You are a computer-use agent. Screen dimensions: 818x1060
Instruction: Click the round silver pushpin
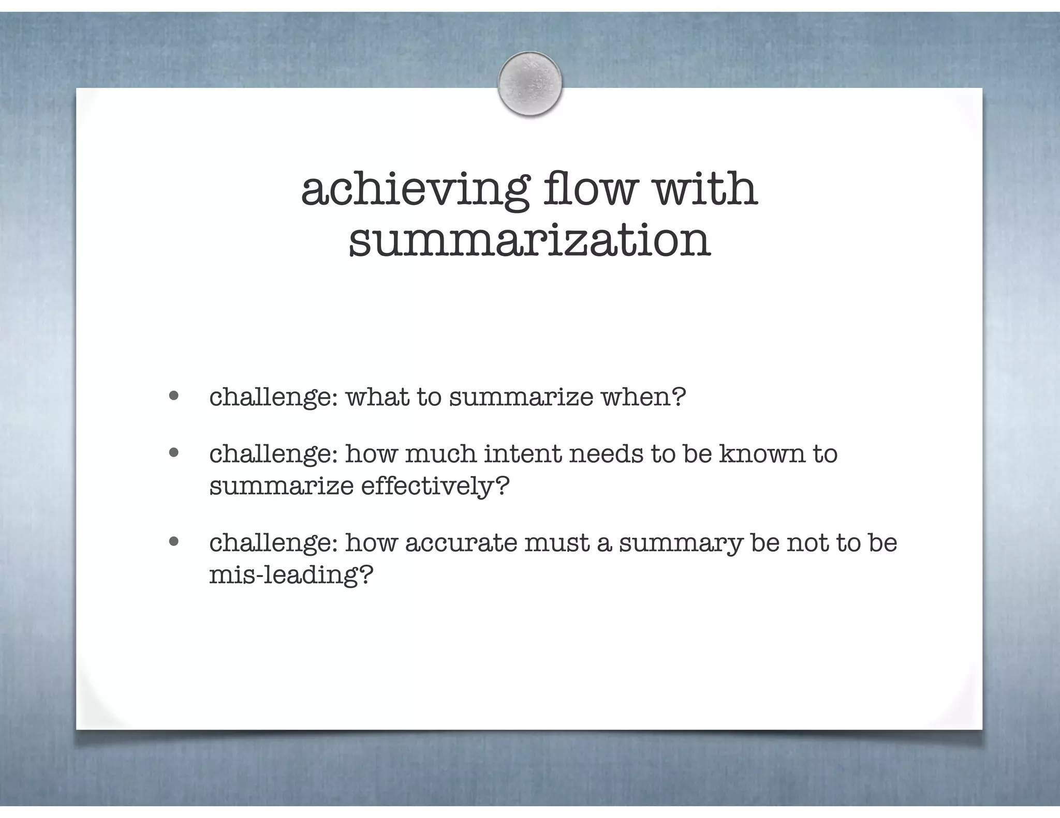529,84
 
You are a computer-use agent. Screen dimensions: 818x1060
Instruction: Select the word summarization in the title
529,241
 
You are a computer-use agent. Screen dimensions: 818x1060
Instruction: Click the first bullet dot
174,396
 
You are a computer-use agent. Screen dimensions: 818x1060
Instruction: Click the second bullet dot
174,453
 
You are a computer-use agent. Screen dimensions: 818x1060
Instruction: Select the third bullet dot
174,542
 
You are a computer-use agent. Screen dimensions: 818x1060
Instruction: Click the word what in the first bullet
377,397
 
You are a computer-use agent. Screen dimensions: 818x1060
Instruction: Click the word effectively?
435,486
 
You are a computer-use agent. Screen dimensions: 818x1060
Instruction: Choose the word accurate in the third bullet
461,543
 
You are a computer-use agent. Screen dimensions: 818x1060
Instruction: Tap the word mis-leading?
291,575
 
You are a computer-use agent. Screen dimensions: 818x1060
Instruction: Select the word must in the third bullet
557,543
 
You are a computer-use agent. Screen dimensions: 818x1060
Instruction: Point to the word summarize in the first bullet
521,397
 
